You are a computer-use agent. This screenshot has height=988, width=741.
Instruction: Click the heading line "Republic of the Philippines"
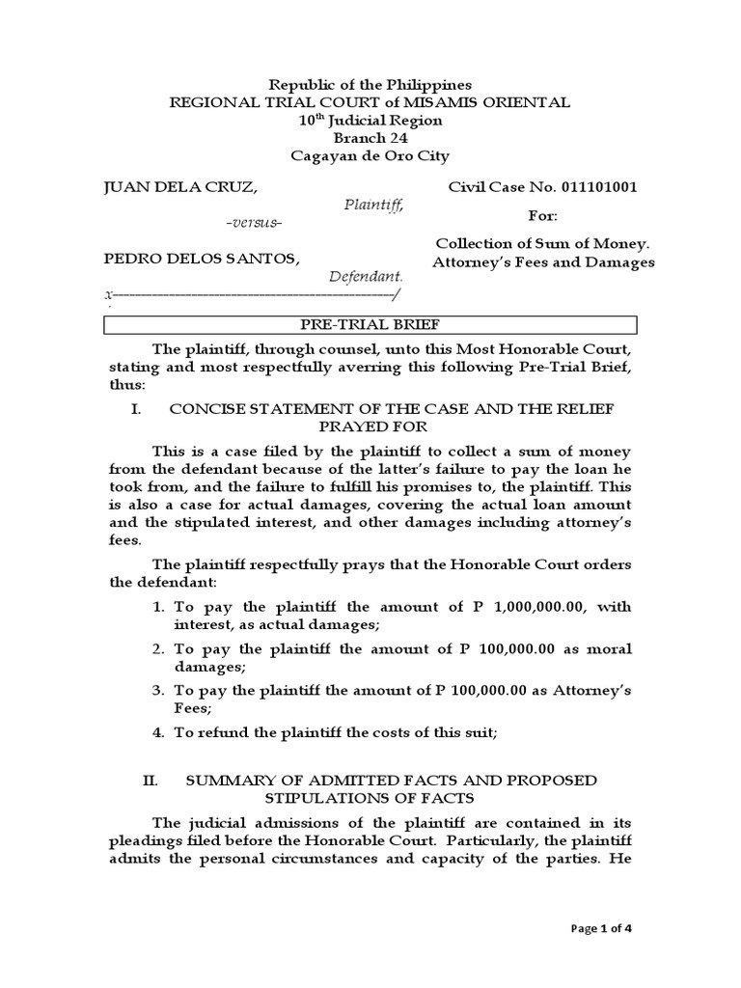pos(370,85)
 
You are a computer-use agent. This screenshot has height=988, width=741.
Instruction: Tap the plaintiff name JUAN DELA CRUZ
pos(180,187)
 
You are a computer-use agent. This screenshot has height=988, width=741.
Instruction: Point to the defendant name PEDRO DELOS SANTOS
pos(202,259)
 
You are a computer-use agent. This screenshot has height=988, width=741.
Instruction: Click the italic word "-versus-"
pos(253,223)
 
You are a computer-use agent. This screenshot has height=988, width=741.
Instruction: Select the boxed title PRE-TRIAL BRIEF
pos(370,324)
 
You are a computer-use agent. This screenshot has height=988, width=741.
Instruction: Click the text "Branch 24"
pos(370,138)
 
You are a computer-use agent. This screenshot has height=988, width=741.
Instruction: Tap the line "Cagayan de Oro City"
pos(370,156)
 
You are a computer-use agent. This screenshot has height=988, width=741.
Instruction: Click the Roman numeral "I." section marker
pos(136,409)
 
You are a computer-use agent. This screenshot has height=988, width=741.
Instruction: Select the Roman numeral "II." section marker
pos(150,780)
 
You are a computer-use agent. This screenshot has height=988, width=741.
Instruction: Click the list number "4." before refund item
pos(159,733)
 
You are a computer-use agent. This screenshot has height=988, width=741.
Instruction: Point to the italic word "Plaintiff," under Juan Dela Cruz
pos(374,205)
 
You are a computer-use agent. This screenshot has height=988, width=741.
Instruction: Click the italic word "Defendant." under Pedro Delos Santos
pos(366,277)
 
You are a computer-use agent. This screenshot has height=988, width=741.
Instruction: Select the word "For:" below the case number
pos(542,215)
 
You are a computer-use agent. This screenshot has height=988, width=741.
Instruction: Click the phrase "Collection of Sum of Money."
pos(543,244)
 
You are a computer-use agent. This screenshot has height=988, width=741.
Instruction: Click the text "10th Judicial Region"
pos(370,121)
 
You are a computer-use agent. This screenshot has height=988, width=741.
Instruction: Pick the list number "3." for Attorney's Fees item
pos(159,691)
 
